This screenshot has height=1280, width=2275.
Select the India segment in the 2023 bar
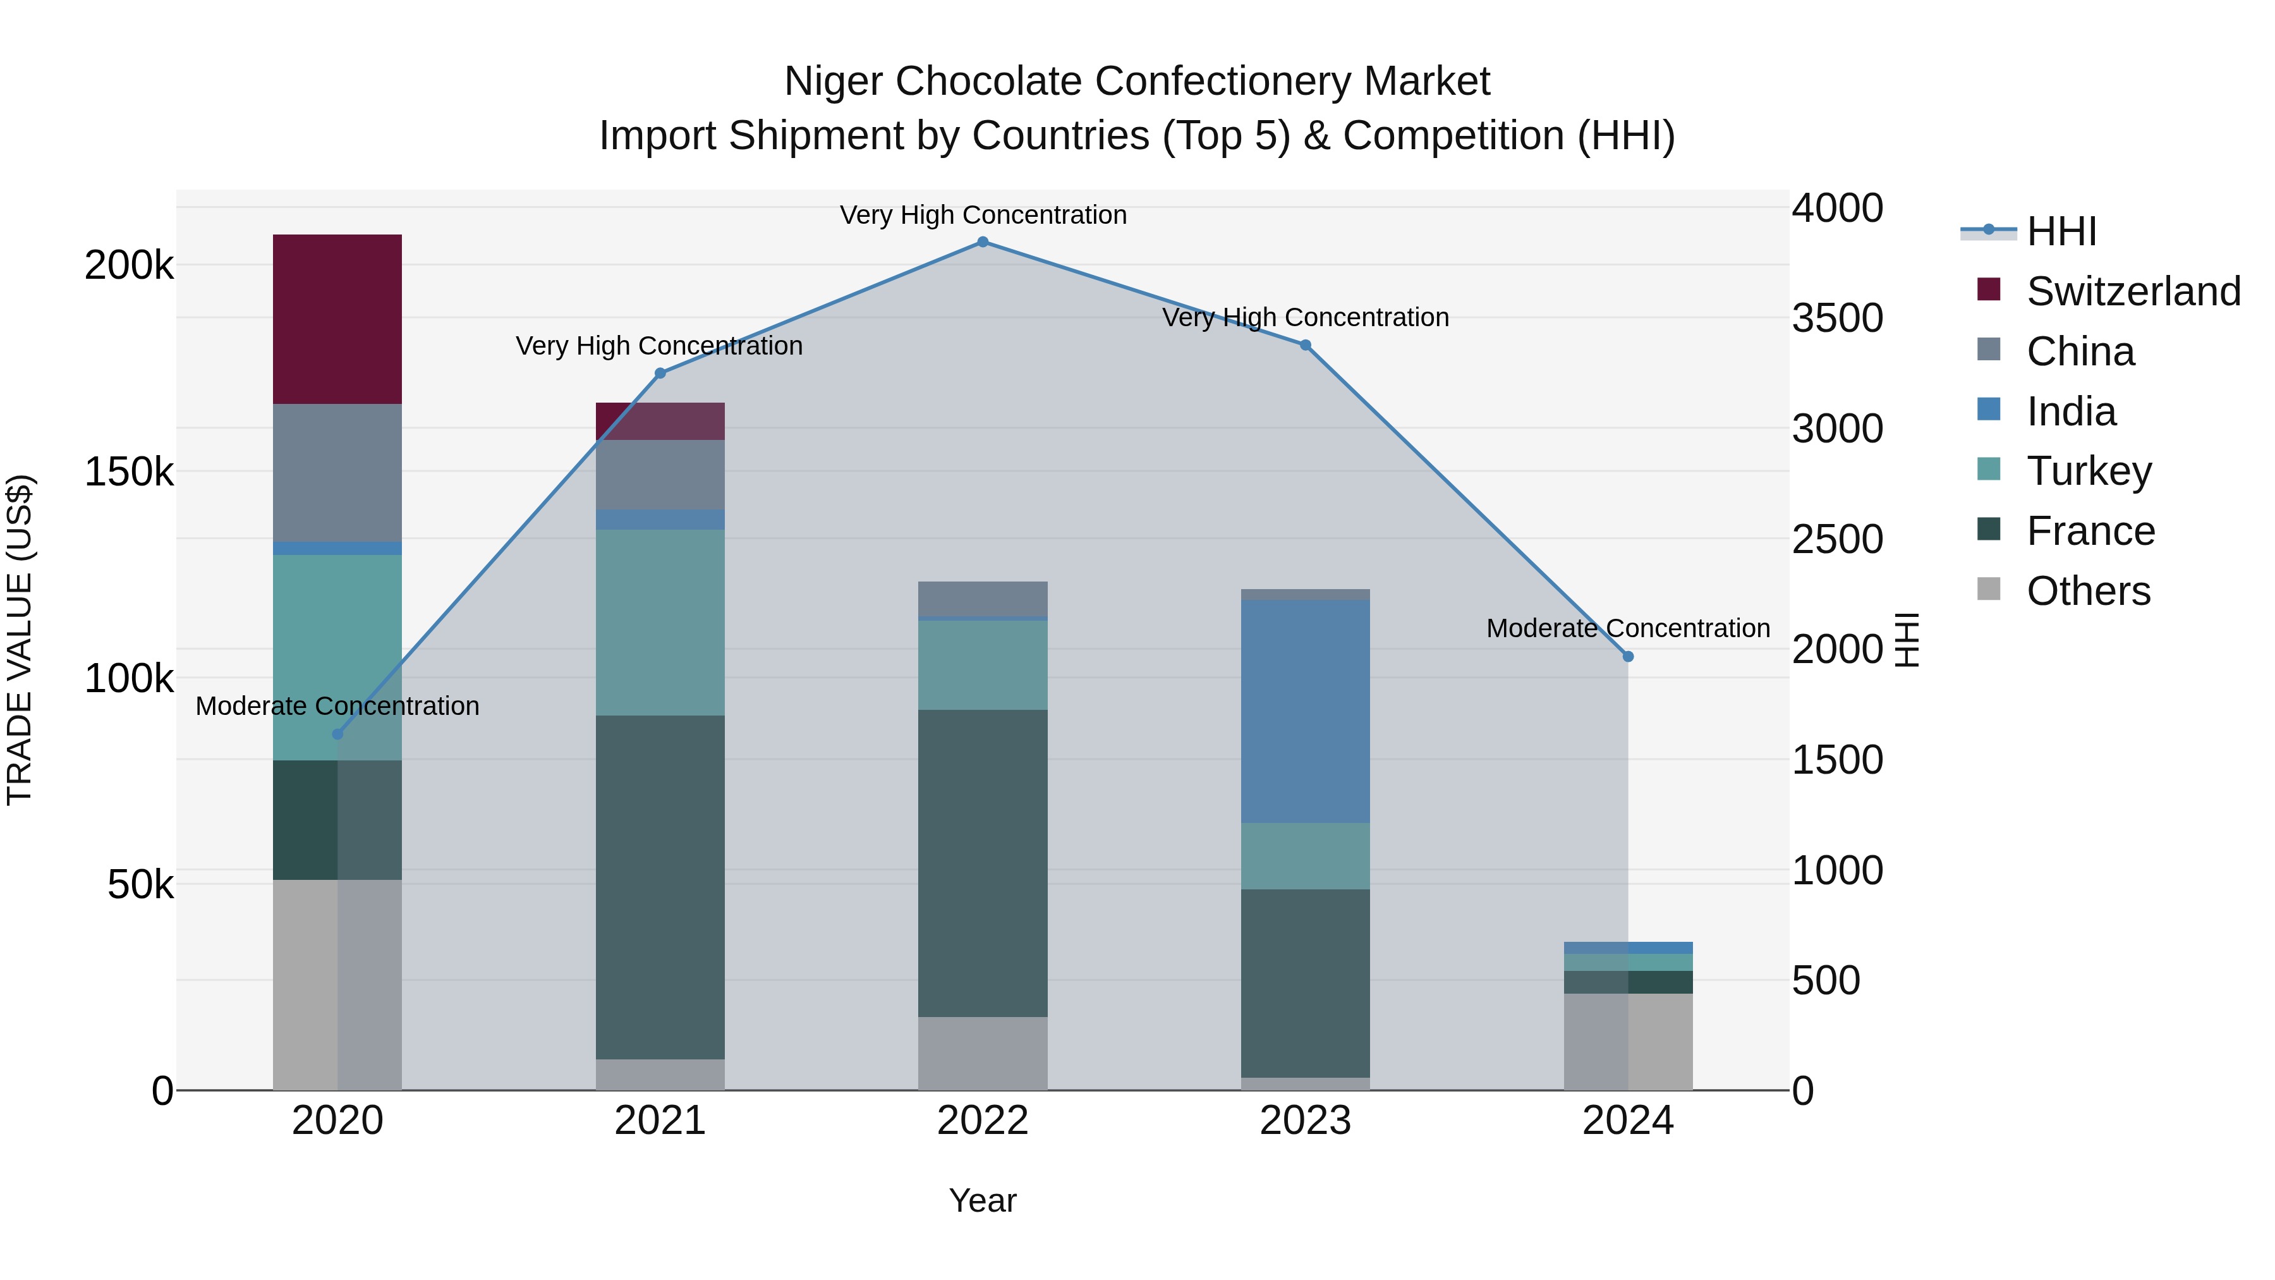(x=1306, y=711)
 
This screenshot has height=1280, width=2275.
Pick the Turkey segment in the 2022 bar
(x=982, y=664)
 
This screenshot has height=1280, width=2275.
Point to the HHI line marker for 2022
(x=982, y=242)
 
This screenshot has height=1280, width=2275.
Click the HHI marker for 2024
(x=1628, y=656)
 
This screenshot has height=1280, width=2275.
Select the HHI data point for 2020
(x=337, y=734)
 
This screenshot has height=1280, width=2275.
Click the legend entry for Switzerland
(x=2132, y=291)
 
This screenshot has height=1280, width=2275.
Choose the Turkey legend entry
(x=2088, y=471)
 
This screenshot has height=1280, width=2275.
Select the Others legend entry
(x=2088, y=591)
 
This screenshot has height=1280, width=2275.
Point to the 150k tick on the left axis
(x=129, y=472)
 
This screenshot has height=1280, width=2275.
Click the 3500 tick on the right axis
(x=1837, y=318)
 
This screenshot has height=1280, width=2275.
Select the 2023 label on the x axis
(x=1306, y=1121)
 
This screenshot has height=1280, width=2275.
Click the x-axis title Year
(x=982, y=1200)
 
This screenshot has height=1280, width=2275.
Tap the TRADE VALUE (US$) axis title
(x=20, y=640)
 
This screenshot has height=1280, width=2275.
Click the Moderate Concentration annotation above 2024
(x=1628, y=628)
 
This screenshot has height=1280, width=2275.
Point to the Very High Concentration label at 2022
(x=982, y=215)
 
